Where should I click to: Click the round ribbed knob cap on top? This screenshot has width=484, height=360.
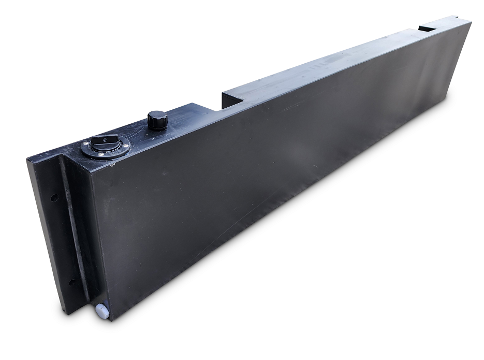(x=157, y=119)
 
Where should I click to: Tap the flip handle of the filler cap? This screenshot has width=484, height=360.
(x=104, y=141)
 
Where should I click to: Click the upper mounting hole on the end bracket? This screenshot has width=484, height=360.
(x=54, y=197)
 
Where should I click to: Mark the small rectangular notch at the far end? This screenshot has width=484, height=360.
(x=428, y=27)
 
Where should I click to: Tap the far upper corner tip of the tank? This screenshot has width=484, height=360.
(x=471, y=22)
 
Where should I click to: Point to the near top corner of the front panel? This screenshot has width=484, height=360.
(x=93, y=171)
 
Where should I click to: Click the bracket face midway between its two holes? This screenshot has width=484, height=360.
(x=61, y=240)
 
